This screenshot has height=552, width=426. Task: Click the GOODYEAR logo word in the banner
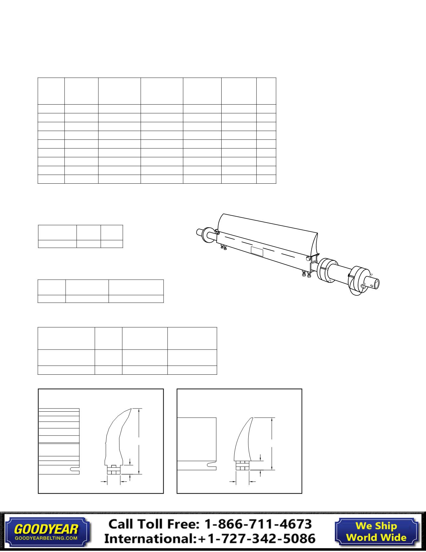[x=46, y=529]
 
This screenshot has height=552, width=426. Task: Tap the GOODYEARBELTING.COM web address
[x=46, y=538]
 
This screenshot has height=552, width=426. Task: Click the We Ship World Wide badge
[x=376, y=532]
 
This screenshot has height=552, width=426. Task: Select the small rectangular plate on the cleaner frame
[x=257, y=252]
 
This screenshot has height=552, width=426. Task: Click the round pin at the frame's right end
[x=308, y=259]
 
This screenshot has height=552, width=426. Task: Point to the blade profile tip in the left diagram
[x=131, y=409]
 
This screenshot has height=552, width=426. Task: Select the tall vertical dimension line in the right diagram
[x=272, y=443]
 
